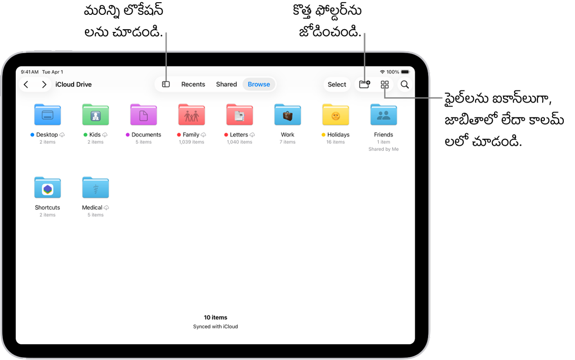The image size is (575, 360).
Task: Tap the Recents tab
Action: (193, 84)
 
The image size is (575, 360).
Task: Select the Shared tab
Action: (227, 84)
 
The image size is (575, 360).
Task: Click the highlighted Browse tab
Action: (259, 84)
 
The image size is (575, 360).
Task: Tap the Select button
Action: (337, 84)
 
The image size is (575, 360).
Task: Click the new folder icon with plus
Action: (365, 84)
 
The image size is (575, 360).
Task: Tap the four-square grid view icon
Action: (384, 84)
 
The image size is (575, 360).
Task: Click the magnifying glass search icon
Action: (405, 84)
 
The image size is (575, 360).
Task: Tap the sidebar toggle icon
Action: (166, 84)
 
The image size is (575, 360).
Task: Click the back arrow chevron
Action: (26, 84)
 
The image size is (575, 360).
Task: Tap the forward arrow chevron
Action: (44, 84)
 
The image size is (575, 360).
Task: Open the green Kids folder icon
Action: (95, 115)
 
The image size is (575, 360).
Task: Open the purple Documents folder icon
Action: (143, 115)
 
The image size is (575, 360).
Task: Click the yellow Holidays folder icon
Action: (335, 115)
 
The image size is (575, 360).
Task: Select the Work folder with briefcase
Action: (288, 115)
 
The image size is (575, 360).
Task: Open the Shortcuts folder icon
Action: (48, 187)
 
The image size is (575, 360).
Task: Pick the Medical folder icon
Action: (95, 187)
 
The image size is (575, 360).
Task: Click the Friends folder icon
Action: (383, 115)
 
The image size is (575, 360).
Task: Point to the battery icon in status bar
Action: (406, 72)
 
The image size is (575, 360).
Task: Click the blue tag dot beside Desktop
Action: (32, 135)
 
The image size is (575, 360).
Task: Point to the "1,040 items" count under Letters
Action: (240, 142)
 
